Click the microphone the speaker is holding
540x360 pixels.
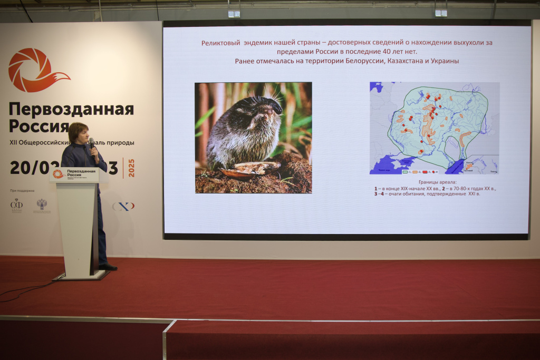92,142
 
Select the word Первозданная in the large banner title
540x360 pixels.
71,109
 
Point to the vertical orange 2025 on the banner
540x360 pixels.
131,168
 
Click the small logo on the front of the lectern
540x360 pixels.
58,174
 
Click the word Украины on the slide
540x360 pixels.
442,61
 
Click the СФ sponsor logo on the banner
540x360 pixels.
16,205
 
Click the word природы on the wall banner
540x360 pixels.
120,142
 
